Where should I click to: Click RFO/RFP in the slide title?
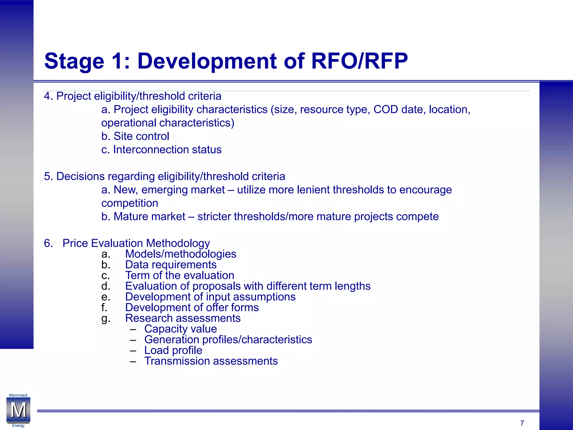pyautogui.click(x=359, y=61)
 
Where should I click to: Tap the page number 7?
pyautogui.click(x=522, y=423)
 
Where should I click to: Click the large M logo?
pyautogui.click(x=18, y=410)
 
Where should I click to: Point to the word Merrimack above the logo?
pyautogui.click(x=18, y=395)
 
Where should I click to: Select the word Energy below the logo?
pyautogui.click(x=18, y=426)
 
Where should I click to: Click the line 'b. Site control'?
pyautogui.click(x=135, y=136)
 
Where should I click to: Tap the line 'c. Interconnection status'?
pyautogui.click(x=161, y=150)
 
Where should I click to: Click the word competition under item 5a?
pyautogui.click(x=130, y=203)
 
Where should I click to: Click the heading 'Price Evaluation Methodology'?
pyautogui.click(x=136, y=243)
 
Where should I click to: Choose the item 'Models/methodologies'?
pyautogui.click(x=180, y=254)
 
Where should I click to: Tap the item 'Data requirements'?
pyautogui.click(x=171, y=265)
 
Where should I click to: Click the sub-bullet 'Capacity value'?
pyautogui.click(x=180, y=329)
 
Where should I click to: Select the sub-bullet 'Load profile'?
pyautogui.click(x=173, y=350)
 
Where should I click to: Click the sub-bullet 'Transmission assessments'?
pyautogui.click(x=211, y=361)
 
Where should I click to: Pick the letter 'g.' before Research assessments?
pyautogui.click(x=105, y=319)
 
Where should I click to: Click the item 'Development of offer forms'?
pyautogui.click(x=192, y=307)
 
